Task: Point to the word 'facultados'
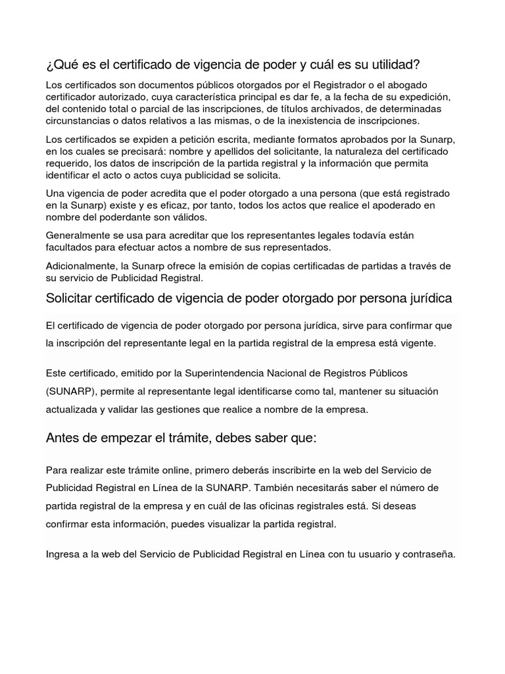(x=69, y=247)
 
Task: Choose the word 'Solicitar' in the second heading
(x=69, y=298)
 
